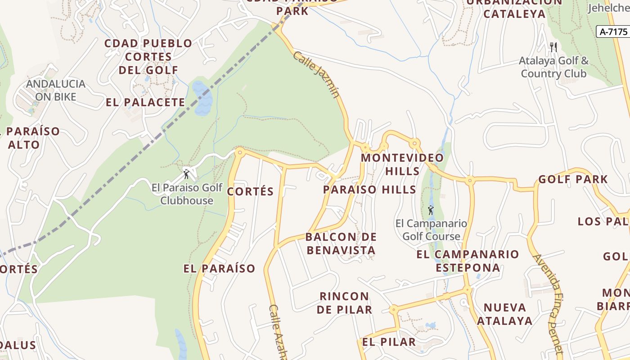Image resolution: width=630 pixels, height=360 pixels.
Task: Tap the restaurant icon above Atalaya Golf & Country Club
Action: click(553, 46)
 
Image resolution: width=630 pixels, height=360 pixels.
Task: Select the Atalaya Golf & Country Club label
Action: click(554, 67)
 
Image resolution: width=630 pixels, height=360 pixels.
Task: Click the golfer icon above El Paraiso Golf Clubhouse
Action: click(186, 174)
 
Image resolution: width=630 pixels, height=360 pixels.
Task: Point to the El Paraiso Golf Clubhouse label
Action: click(187, 194)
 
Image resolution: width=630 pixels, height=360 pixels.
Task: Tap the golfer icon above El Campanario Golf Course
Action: click(431, 210)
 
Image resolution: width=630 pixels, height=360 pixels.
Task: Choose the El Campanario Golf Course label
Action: click(431, 229)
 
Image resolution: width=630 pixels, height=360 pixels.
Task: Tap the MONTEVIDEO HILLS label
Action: click(402, 164)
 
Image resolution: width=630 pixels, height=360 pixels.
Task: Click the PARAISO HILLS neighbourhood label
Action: click(369, 189)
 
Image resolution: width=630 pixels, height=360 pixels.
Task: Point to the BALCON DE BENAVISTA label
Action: click(341, 243)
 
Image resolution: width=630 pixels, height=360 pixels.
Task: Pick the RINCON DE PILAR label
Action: click(344, 303)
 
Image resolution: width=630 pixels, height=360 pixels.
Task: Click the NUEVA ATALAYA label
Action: click(504, 314)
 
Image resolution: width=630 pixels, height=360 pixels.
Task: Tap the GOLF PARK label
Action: click(573, 179)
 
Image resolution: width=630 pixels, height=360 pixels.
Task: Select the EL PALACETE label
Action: click(145, 102)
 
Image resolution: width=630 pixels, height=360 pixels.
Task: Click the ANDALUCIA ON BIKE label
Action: click(55, 90)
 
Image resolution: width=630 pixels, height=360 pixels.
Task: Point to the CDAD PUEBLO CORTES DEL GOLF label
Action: click(148, 57)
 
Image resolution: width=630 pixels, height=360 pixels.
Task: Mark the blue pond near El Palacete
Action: click(202, 98)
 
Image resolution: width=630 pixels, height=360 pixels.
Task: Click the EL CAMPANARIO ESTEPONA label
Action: click(468, 261)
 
